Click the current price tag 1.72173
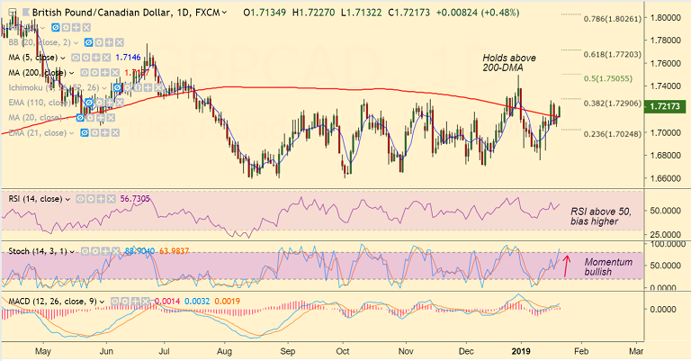668,105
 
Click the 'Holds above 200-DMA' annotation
509,63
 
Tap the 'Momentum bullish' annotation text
606,267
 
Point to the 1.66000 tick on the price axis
667,178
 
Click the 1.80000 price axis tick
667,18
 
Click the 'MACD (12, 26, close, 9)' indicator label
51,302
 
